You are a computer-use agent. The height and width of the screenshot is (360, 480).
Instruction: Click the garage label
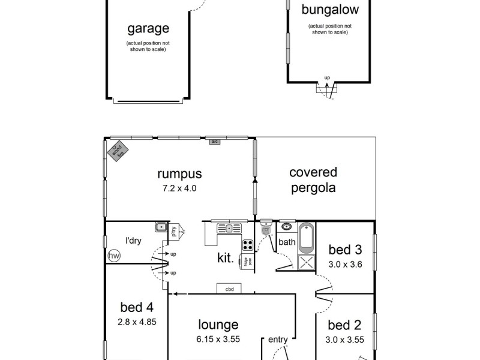(148, 28)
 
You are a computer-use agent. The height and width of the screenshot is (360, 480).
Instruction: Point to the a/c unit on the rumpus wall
(214, 142)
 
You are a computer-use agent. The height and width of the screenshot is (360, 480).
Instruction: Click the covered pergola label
(313, 180)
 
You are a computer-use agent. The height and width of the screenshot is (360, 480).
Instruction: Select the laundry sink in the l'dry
(160, 227)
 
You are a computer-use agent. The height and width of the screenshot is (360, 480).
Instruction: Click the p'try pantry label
(173, 231)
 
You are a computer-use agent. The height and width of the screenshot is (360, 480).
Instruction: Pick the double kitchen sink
(228, 227)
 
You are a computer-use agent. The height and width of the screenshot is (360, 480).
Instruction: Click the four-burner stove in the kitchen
(247, 245)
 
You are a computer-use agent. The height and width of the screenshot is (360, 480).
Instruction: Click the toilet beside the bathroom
(266, 229)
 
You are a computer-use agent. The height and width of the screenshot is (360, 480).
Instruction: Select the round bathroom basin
(287, 227)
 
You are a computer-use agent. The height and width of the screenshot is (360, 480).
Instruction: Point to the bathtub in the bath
(306, 237)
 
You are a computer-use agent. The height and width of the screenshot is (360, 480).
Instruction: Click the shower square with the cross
(306, 263)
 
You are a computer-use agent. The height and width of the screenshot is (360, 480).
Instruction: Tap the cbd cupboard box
(229, 289)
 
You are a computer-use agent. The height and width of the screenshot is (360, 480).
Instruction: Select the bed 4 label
(132, 307)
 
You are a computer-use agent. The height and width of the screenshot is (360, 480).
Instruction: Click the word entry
(278, 340)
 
